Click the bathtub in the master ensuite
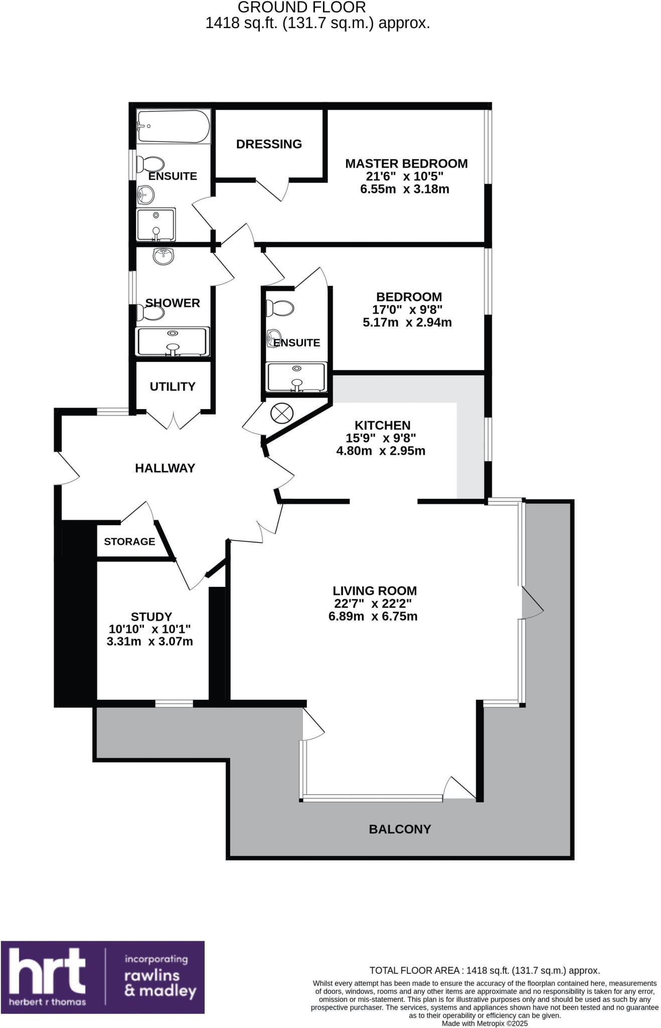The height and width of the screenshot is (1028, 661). click(173, 126)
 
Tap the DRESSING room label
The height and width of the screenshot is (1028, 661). click(269, 144)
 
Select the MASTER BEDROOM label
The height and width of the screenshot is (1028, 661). click(406, 164)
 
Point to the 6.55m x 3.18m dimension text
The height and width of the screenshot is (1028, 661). click(405, 189)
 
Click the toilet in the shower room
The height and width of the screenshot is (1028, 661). click(150, 313)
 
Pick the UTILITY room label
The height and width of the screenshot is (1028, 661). click(173, 387)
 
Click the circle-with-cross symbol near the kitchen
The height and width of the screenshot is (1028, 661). click(281, 413)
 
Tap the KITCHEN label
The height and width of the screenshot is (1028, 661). click(382, 425)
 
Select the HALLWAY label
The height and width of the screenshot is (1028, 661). click(165, 468)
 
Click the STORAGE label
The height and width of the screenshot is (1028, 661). click(129, 541)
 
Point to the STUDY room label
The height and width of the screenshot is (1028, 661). click(151, 616)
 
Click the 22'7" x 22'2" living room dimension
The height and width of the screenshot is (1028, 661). click(373, 603)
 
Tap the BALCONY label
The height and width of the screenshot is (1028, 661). click(400, 829)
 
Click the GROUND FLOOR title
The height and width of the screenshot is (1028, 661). click(301, 8)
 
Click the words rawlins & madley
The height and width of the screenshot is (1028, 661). click(160, 983)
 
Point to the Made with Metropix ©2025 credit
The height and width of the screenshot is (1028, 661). click(484, 1023)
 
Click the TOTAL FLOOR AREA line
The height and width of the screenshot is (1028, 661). click(484, 970)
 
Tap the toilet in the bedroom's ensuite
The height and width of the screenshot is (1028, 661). click(280, 308)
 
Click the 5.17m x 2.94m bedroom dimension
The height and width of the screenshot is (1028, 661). click(407, 322)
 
